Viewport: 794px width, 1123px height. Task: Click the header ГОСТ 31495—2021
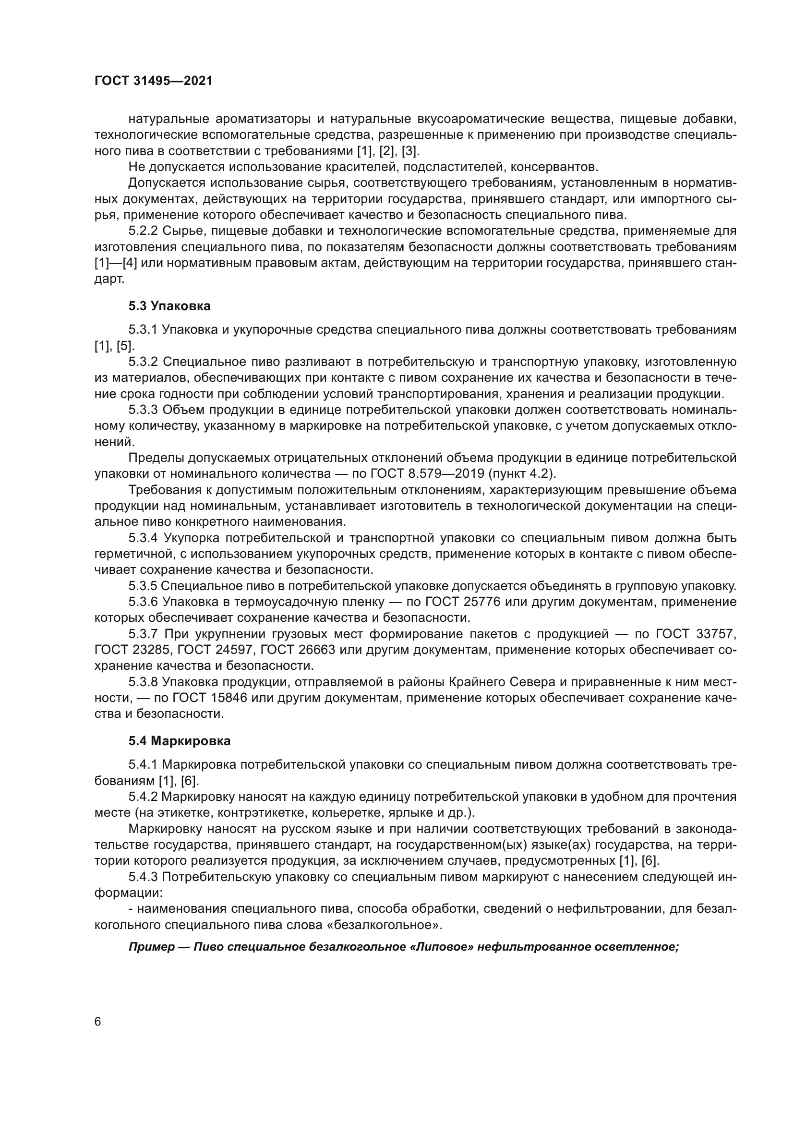coord(154,81)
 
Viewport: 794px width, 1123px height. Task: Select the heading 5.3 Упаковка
coord(169,306)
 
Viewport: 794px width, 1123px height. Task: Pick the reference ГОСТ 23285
coord(132,650)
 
